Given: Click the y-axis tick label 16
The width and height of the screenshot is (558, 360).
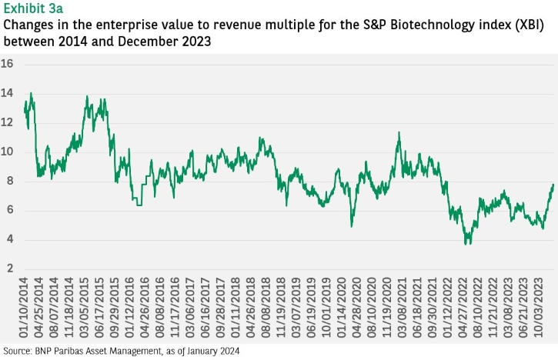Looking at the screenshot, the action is [7, 64].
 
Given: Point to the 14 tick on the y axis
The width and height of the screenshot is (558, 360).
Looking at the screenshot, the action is [7, 94].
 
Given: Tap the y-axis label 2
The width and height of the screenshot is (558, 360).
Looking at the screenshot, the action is [10, 268].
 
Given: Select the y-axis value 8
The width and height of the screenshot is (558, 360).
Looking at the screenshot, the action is [10, 181].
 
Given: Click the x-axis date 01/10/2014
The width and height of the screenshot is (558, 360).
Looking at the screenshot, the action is [23, 308].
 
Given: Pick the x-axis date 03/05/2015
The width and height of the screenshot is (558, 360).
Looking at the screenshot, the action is [84, 308].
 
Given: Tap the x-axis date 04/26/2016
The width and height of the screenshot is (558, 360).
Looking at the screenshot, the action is [145, 308].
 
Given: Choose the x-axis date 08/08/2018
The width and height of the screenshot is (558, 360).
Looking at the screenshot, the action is [266, 308].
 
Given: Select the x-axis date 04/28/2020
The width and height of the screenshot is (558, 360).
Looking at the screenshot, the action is [356, 308].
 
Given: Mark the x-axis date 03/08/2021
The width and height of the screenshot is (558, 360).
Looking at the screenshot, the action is [402, 308].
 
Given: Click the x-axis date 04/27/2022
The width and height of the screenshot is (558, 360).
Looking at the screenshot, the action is [463, 308].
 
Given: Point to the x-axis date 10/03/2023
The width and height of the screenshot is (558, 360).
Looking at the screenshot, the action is [539, 308].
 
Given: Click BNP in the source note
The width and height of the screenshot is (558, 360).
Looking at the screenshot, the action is [42, 351].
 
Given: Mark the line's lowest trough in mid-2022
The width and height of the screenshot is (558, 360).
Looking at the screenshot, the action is [466, 244].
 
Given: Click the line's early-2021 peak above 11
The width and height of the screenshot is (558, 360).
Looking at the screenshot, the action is [399, 132].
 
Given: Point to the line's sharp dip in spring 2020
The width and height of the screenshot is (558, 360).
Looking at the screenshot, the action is [352, 226].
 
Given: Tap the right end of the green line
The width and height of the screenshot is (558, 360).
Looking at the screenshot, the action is [553, 185].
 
